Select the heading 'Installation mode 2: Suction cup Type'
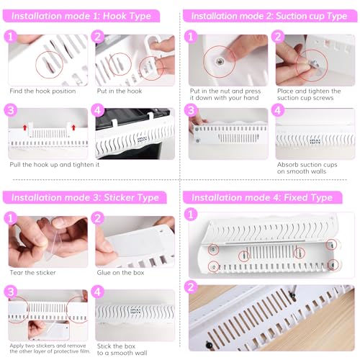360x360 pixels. tap(269, 15)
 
